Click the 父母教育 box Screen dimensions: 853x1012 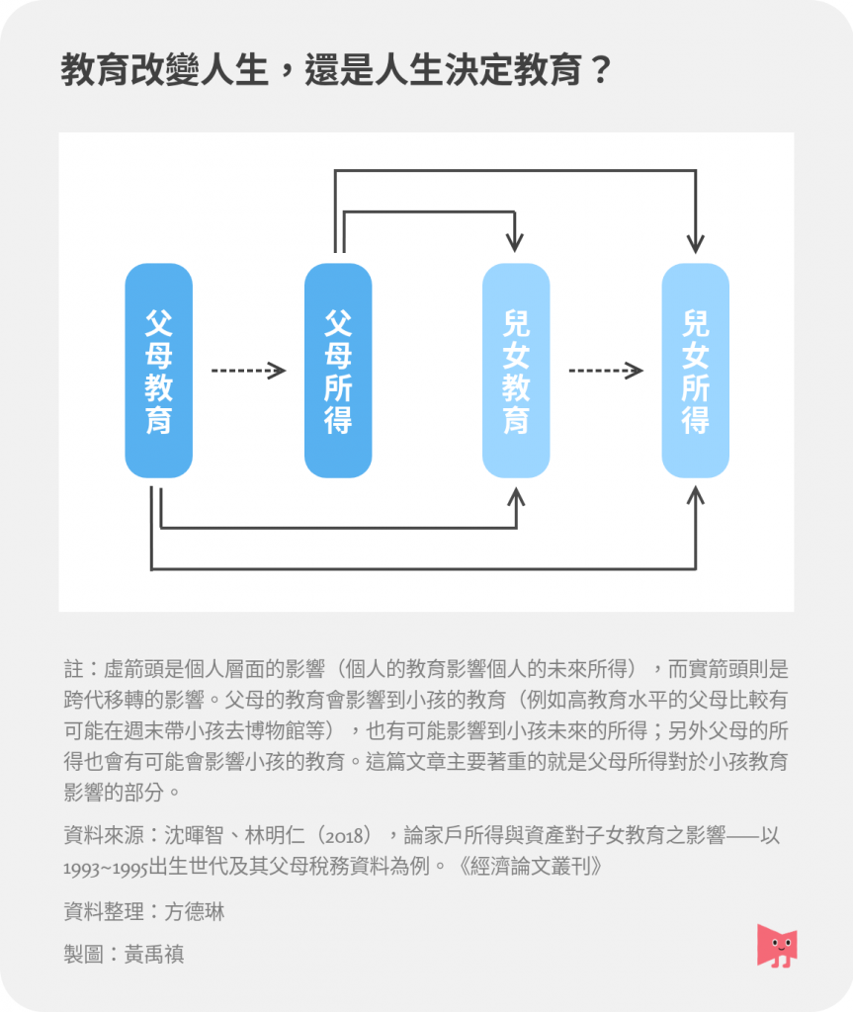(159, 371)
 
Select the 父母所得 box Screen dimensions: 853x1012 (338, 371)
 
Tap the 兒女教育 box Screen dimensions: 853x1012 (516, 371)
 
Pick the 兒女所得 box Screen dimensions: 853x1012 (696, 371)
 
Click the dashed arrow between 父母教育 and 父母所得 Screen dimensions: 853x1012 (249, 371)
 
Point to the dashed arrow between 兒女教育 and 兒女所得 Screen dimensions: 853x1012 (606, 371)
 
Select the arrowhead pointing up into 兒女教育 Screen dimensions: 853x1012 (516, 497)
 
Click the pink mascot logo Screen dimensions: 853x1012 (777, 946)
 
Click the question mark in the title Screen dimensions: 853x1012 (601, 70)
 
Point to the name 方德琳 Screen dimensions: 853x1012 (195, 912)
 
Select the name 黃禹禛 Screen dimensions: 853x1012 (154, 954)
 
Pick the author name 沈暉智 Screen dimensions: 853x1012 (194, 836)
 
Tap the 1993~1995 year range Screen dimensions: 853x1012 (106, 868)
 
